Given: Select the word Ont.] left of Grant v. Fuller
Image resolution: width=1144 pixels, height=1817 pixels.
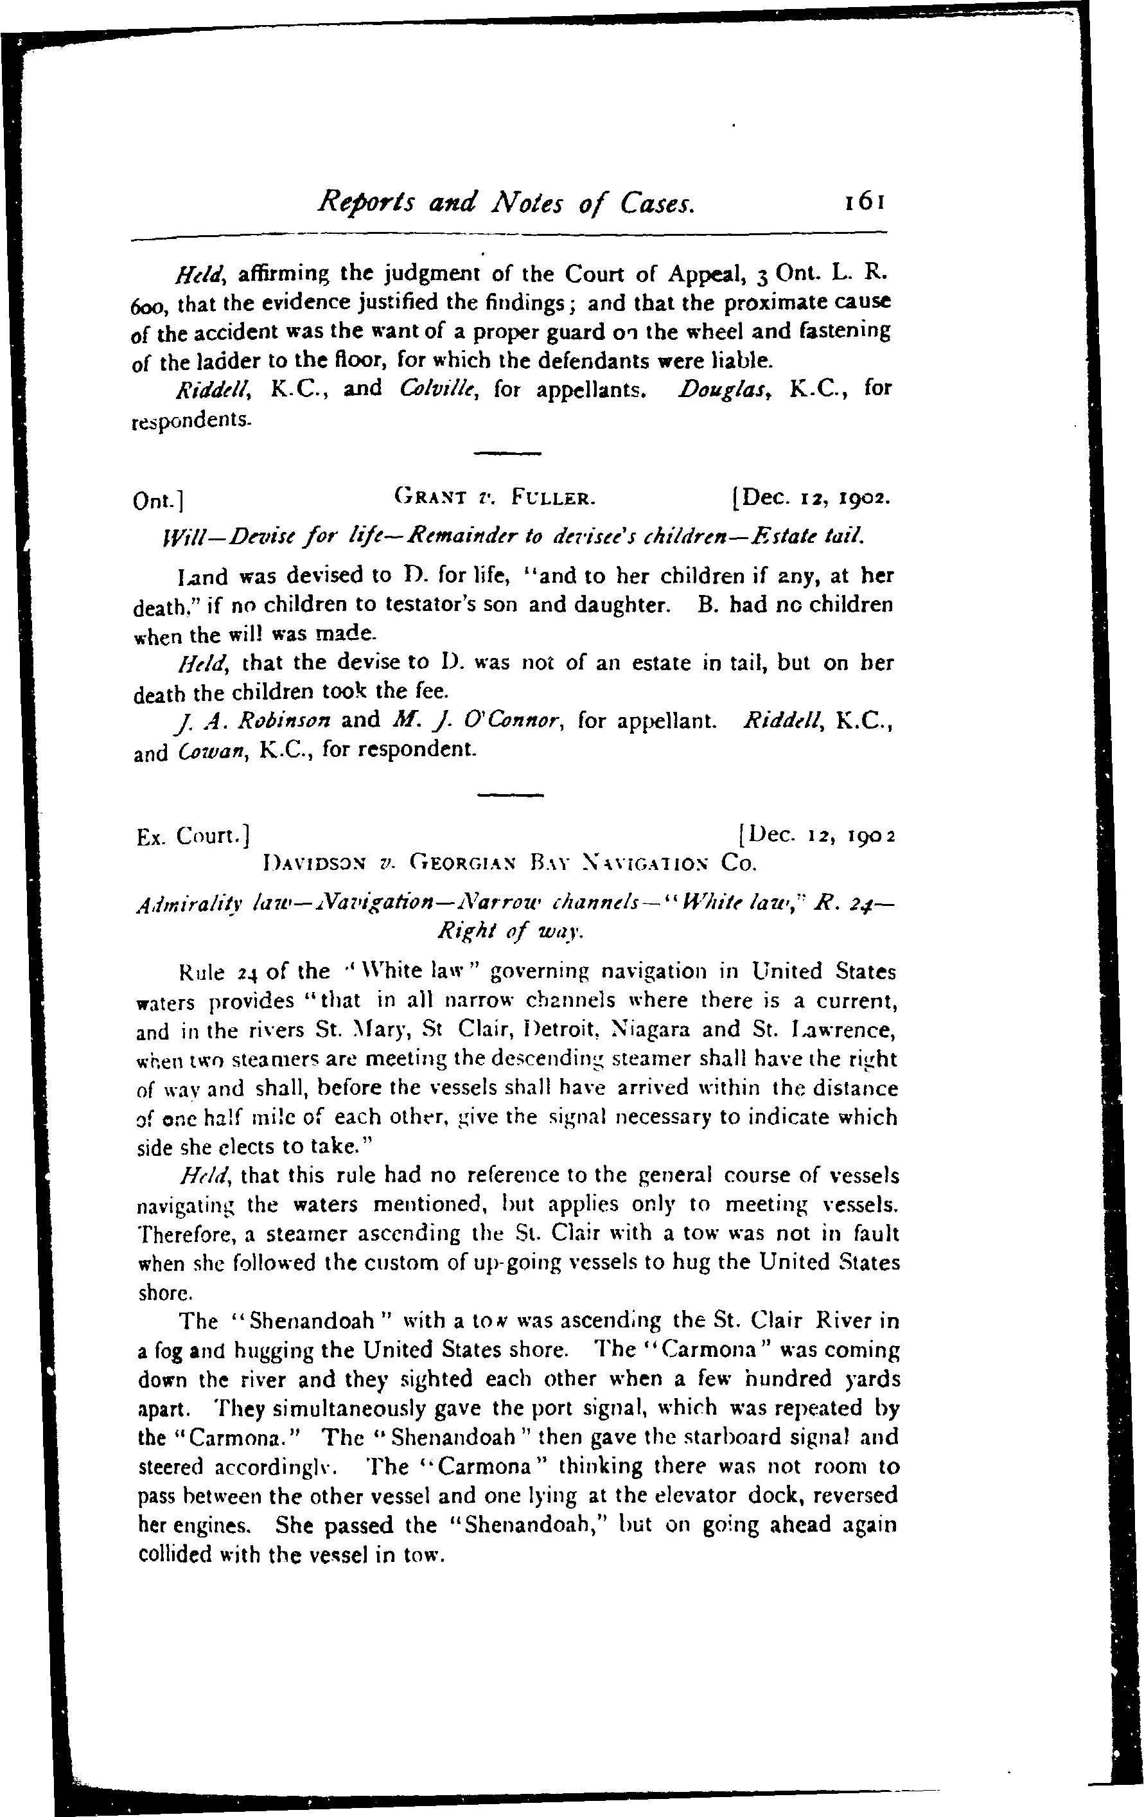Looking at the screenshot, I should coord(159,501).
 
